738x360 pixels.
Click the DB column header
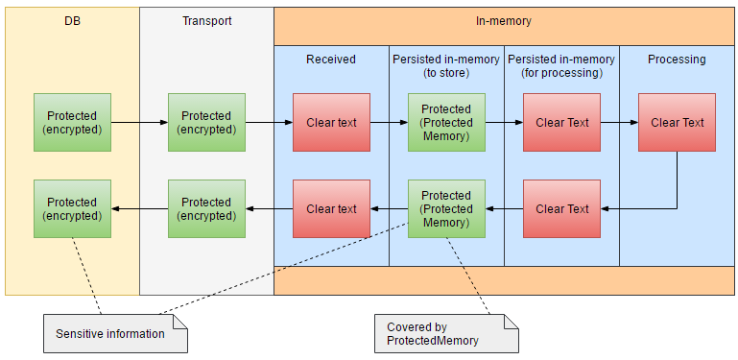pyautogui.click(x=72, y=20)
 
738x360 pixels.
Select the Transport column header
pyautogui.click(x=206, y=20)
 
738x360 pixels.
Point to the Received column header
pyautogui.click(x=331, y=60)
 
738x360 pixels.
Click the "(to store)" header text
pyautogui.click(x=446, y=73)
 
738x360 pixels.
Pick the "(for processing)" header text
pyautogui.click(x=561, y=73)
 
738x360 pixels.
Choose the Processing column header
pyautogui.click(x=677, y=60)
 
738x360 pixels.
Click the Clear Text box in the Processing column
pyautogui.click(x=677, y=122)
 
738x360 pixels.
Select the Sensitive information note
pyautogui.click(x=109, y=334)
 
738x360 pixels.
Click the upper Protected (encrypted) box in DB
pyautogui.click(x=72, y=122)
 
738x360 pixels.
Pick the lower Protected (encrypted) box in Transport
pyautogui.click(x=206, y=208)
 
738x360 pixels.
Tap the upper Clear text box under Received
pyautogui.click(x=331, y=122)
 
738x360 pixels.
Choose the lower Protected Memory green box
pyautogui.click(x=446, y=208)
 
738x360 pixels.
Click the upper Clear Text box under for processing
pyautogui.click(x=561, y=122)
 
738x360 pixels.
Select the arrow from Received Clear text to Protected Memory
pyautogui.click(x=389, y=122)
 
